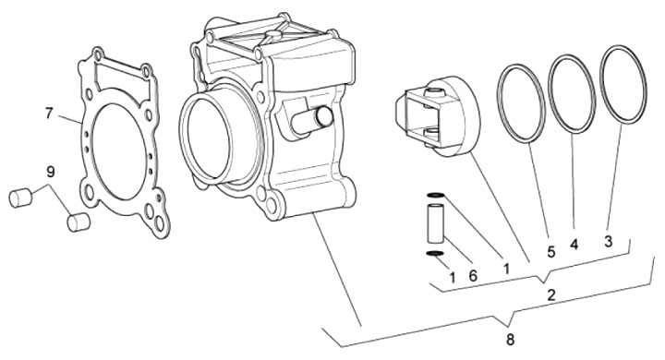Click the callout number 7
49,114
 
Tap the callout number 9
51,173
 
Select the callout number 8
510,339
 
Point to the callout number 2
550,295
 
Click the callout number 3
609,242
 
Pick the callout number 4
574,245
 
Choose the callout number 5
550,252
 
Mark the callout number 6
473,276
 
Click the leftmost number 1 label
452,278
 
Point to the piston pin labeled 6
436,223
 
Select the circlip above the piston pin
436,195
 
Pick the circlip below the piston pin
435,254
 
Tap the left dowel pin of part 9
20,198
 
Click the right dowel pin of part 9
79,222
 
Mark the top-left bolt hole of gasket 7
99,54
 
